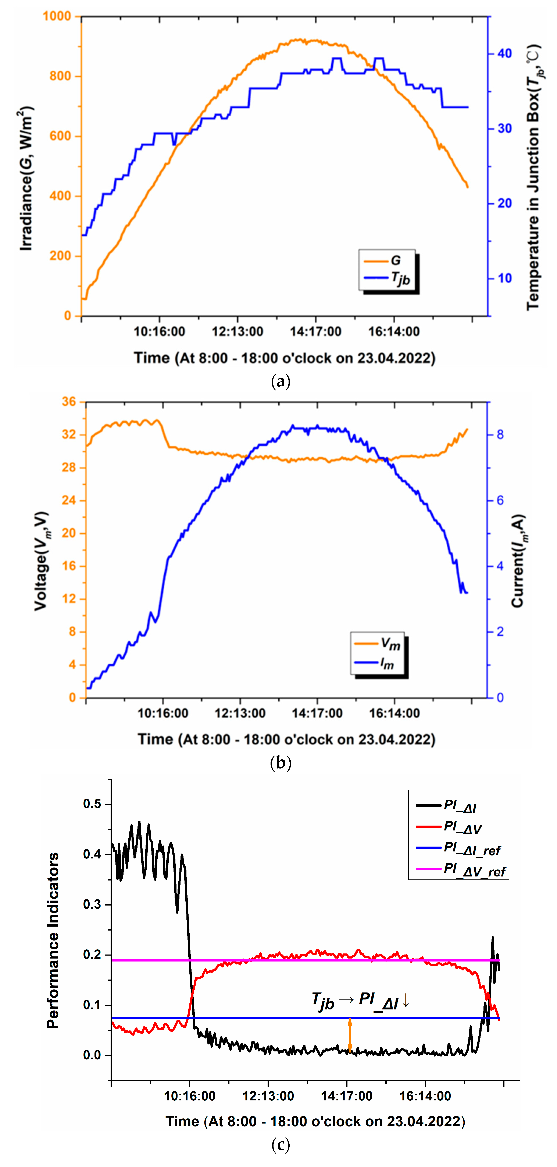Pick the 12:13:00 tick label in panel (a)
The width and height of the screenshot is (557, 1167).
tap(238, 332)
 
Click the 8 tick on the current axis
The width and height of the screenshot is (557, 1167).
tap(500, 435)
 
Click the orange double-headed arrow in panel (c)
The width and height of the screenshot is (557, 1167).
tap(349, 1035)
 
